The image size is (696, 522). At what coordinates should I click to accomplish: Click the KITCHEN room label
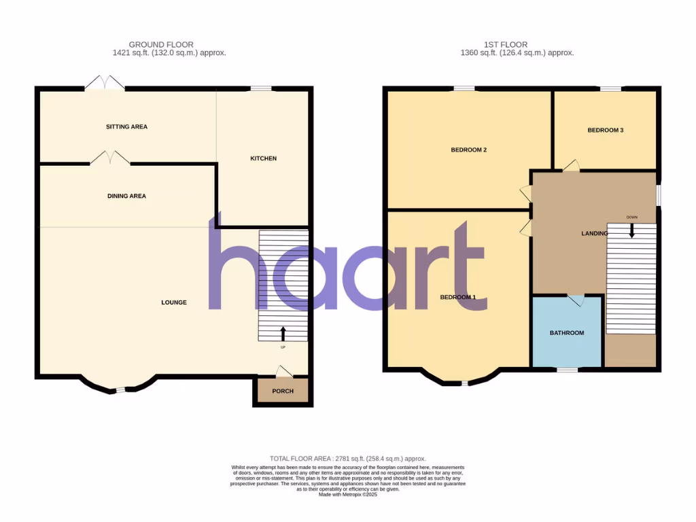[264, 158]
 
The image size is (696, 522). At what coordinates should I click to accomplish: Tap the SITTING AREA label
[126, 126]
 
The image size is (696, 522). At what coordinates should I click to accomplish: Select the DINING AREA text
[126, 196]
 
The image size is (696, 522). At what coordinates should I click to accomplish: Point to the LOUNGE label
[174, 302]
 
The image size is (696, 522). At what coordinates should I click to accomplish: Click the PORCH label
[282, 391]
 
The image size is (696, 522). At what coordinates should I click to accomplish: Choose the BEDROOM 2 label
[469, 150]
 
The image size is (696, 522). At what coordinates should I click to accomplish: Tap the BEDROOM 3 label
[606, 130]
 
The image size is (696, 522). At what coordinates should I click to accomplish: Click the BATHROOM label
[567, 332]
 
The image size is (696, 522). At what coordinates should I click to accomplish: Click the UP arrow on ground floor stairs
[283, 333]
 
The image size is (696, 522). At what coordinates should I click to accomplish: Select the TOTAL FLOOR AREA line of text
[347, 459]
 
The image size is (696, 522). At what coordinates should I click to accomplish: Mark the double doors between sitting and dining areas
[109, 158]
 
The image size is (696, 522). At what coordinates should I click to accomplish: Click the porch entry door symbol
[284, 371]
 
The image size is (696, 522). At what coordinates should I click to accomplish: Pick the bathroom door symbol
[576, 300]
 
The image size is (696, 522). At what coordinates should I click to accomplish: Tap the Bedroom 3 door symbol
[570, 165]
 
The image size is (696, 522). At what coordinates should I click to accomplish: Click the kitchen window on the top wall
[260, 88]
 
